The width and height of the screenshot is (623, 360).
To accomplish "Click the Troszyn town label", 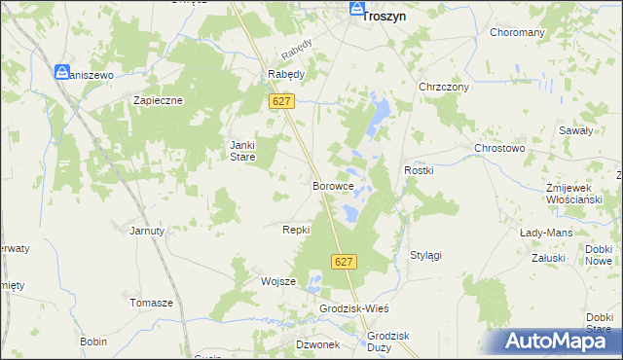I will click(385, 16).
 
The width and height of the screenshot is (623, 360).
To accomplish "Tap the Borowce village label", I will click(331, 185).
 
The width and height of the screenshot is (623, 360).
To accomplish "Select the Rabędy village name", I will click(286, 74).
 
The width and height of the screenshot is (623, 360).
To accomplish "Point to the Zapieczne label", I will click(159, 99).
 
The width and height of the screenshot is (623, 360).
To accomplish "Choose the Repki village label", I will click(296, 230).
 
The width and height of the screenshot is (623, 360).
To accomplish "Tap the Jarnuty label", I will click(148, 231).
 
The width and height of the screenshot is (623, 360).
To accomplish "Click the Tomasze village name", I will click(151, 303).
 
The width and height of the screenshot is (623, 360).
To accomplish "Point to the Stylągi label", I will click(425, 255).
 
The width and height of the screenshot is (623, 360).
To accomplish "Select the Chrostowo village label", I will click(499, 148).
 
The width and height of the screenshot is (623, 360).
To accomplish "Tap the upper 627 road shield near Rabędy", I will click(282, 100).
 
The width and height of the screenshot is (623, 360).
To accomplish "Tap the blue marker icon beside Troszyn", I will click(355, 10).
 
